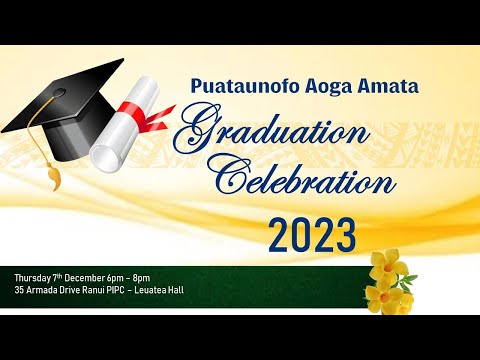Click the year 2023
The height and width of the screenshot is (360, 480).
tap(312, 237)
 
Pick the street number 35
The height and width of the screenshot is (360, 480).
tap(20, 290)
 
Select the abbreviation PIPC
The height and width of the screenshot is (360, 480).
tap(127, 290)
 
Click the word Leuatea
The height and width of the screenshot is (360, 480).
tap(166, 290)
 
